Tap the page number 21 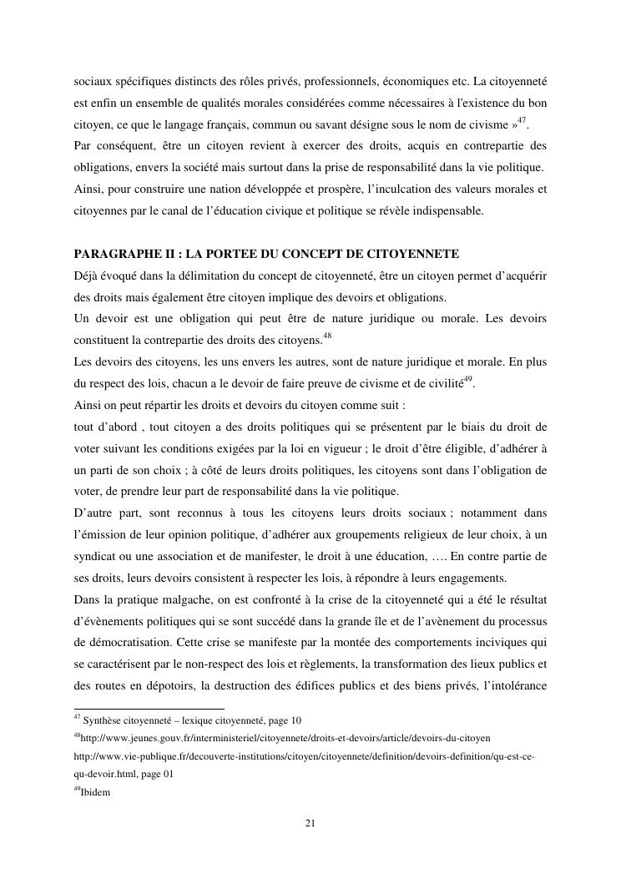(310, 824)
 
